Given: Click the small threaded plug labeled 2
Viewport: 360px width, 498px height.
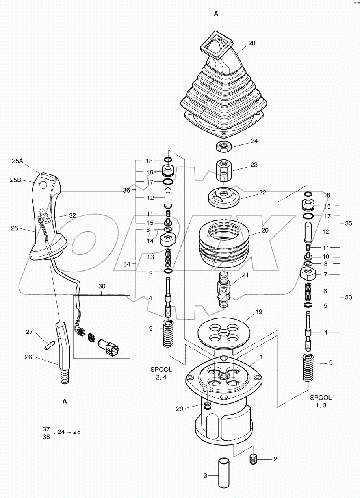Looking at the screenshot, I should [254, 459].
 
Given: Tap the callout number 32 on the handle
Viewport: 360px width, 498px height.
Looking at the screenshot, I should [72, 215].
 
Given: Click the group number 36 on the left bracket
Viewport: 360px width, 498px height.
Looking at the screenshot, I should [126, 190].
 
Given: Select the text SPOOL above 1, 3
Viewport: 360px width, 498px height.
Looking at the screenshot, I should [321, 397].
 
